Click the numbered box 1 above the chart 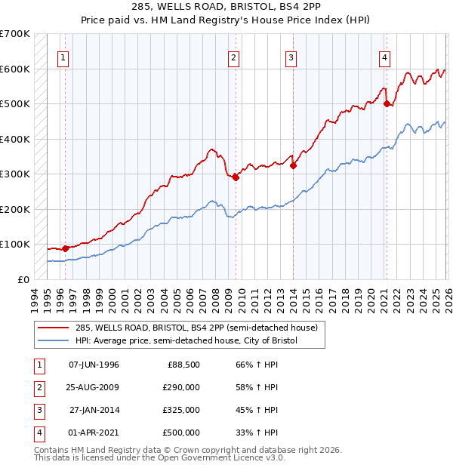pyautogui.click(x=64, y=57)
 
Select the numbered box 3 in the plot pyautogui.click(x=291, y=57)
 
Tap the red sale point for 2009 pyautogui.click(x=236, y=177)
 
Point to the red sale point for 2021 pyautogui.click(x=387, y=104)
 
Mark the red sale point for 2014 pyautogui.click(x=293, y=165)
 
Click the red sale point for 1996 pyautogui.click(x=65, y=248)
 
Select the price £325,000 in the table pyautogui.click(x=181, y=411)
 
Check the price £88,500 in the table pyautogui.click(x=183, y=365)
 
